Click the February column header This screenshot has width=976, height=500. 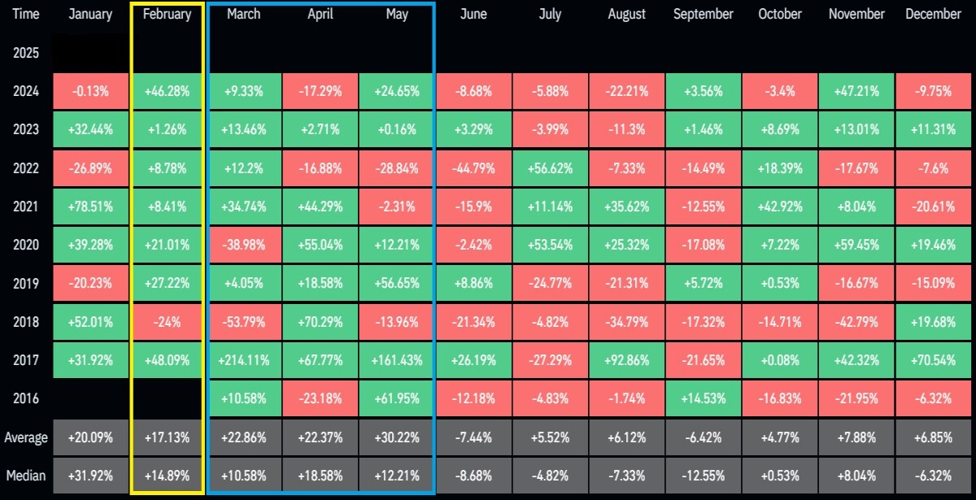click(x=167, y=15)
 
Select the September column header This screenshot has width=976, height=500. click(x=704, y=15)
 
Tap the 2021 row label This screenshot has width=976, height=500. click(x=26, y=207)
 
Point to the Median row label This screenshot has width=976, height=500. click(x=26, y=476)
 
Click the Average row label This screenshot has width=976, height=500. click(x=26, y=437)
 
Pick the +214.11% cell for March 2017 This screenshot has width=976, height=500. click(x=243, y=360)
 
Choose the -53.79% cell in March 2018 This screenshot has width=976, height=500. click(x=243, y=322)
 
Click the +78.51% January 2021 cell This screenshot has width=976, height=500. click(x=90, y=207)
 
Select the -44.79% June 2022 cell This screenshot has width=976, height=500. click(x=473, y=168)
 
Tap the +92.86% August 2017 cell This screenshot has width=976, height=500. click(x=626, y=360)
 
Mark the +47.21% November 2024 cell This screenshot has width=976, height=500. click(x=856, y=91)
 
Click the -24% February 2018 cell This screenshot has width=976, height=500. click(x=167, y=322)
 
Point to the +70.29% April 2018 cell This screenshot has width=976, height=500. click(x=320, y=322)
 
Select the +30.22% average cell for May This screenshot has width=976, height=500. click(x=397, y=437)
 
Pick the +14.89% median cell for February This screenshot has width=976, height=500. click(x=167, y=476)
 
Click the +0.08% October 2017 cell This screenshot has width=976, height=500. click(x=780, y=360)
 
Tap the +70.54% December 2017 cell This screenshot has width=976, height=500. click(x=934, y=360)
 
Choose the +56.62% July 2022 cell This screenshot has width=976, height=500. click(x=550, y=168)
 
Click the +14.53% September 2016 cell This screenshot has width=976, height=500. click(x=704, y=398)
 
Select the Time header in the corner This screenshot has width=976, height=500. click(x=26, y=15)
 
